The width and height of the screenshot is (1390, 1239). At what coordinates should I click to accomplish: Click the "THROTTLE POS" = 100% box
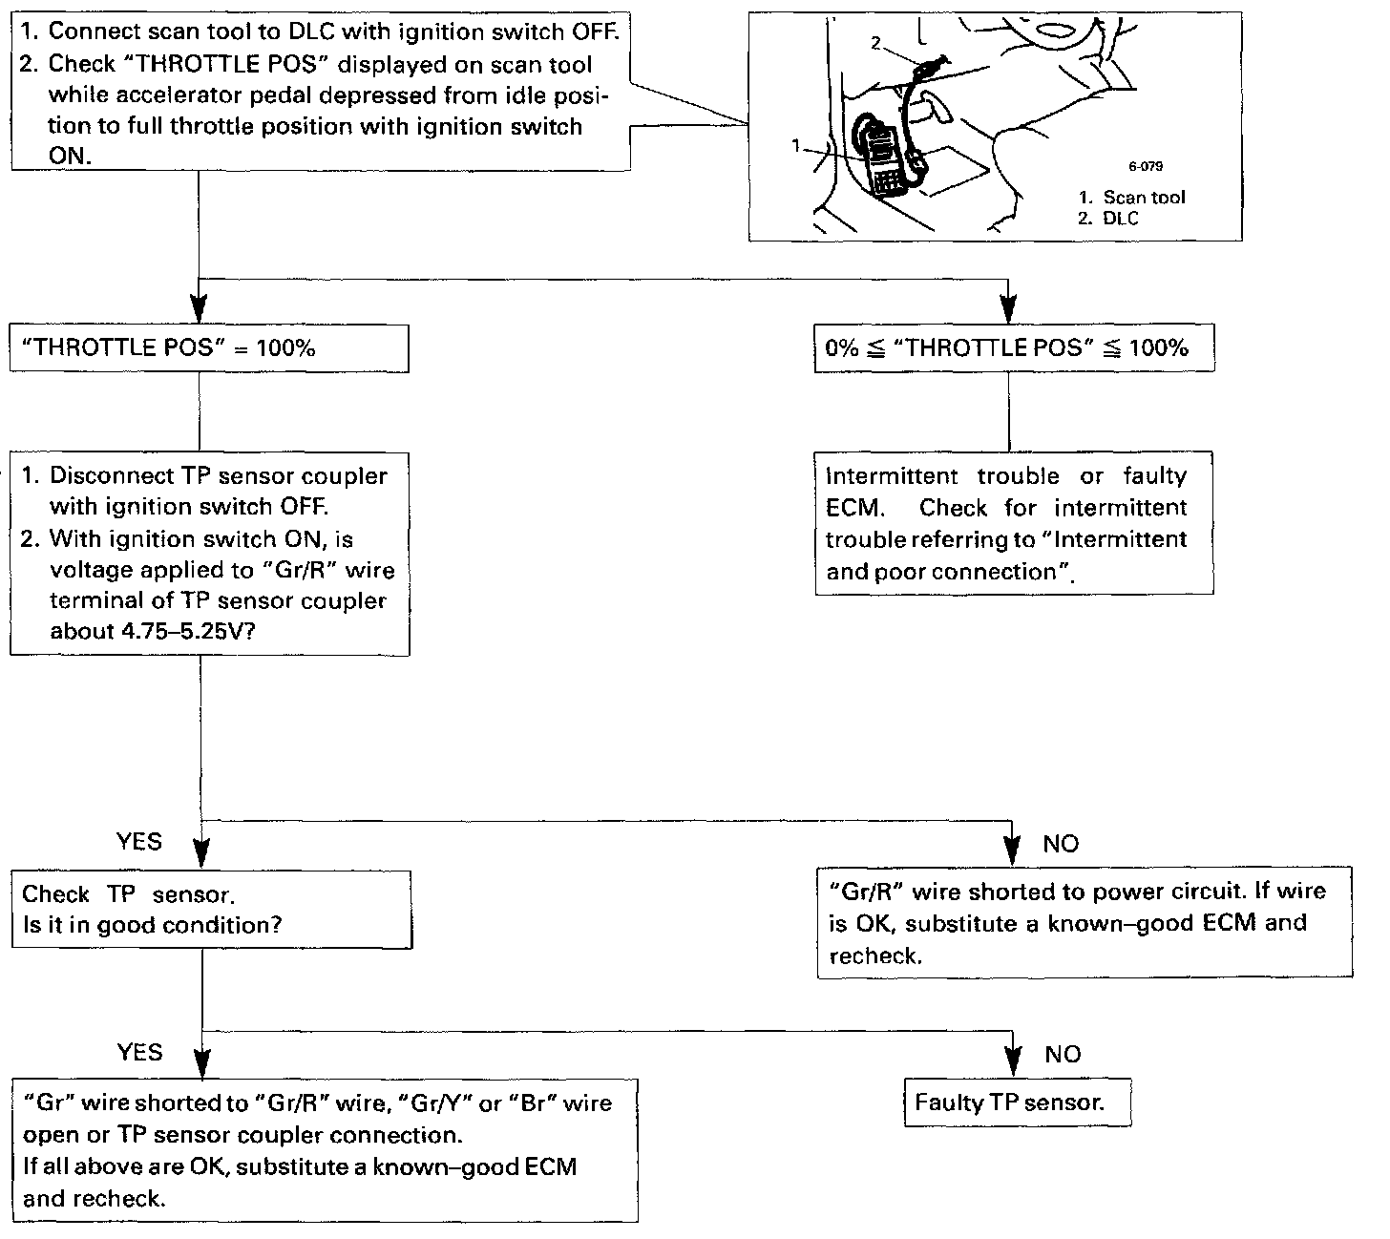point(209,348)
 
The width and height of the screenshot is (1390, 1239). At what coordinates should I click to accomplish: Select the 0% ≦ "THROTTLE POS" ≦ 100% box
point(1014,348)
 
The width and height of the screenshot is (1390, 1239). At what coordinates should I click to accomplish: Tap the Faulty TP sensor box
point(1017,1103)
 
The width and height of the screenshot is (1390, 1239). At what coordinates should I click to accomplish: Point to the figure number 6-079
point(1146,166)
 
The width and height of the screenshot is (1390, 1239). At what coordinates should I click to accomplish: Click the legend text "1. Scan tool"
point(1132,197)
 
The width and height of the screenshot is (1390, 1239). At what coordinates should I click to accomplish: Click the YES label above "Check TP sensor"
point(139,842)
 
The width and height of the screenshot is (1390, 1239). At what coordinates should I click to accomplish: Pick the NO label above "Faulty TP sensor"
point(1062,1054)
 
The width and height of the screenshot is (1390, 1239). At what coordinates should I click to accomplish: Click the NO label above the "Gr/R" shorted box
point(1060,844)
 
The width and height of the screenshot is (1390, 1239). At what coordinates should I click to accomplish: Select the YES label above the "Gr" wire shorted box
point(139,1052)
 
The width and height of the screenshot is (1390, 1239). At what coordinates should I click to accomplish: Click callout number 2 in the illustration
point(874,42)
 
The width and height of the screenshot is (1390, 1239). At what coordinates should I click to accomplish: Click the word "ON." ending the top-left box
point(70,156)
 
